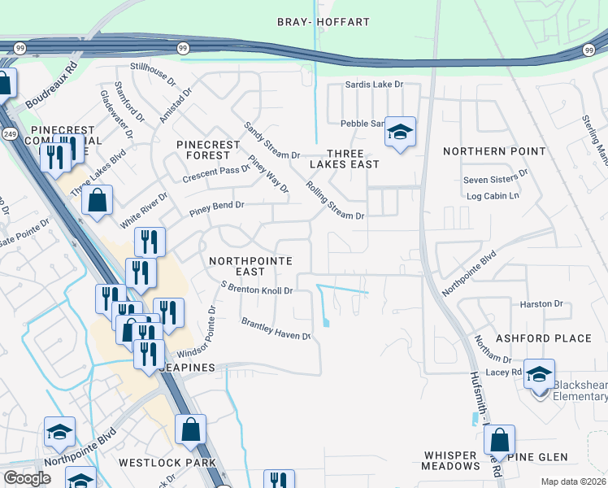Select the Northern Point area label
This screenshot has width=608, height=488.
pyautogui.click(x=483, y=151)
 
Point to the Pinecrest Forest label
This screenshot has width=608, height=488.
pyautogui.click(x=209, y=150)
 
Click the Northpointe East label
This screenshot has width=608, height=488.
pyautogui.click(x=237, y=266)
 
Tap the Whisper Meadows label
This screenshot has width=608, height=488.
pyautogui.click(x=451, y=460)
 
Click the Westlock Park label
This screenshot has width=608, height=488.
pyautogui.click(x=167, y=463)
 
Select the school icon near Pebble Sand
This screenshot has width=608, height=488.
pyautogui.click(x=400, y=133)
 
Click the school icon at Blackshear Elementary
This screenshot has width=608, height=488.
pyautogui.click(x=538, y=376)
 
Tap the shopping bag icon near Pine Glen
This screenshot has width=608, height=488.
pyautogui.click(x=500, y=441)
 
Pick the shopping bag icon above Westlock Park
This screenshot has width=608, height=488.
pyautogui.click(x=190, y=429)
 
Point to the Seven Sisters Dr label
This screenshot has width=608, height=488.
pyautogui.click(x=495, y=180)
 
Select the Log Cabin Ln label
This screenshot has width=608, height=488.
pyautogui.click(x=493, y=196)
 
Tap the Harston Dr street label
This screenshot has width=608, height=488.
pyautogui.click(x=541, y=303)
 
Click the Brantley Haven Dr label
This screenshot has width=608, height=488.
pyautogui.click(x=276, y=329)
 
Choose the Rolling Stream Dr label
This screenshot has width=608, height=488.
pyautogui.click(x=334, y=201)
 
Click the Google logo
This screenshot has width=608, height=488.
pyautogui.click(x=27, y=478)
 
